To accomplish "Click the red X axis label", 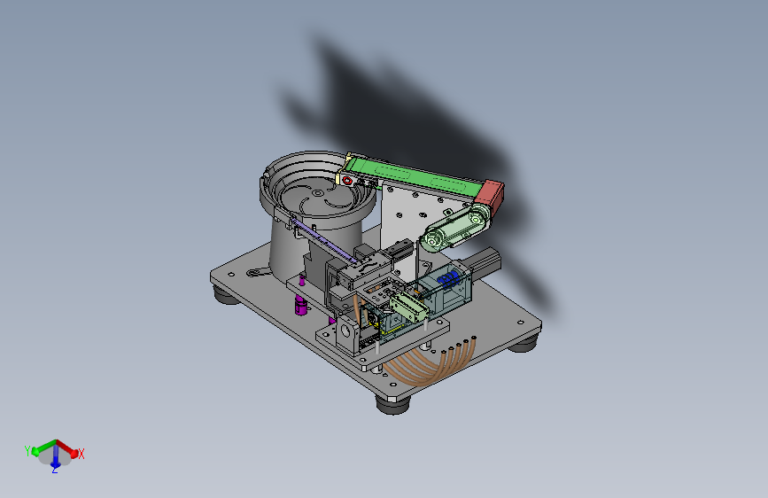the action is pos(81,454).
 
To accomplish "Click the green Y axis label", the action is pos(27,450).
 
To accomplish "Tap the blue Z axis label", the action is pos(55,470).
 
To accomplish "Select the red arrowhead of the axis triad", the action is pos(74,454).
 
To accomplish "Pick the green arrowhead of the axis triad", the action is pos(35,452).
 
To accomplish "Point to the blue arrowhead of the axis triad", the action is pos(55,462).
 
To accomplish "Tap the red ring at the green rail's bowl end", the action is pos(347,181).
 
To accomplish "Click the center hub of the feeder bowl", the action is pos(317,193).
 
